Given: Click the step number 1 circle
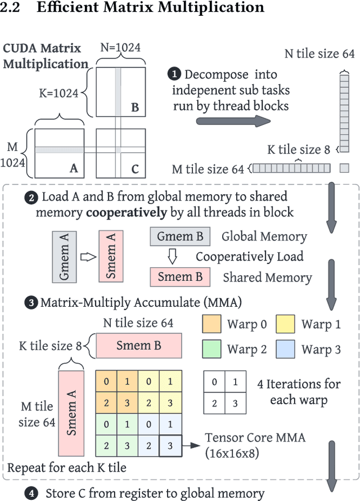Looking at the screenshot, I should coord(175,74).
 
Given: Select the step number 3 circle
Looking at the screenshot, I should coord(30,303).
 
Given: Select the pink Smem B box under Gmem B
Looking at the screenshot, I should coord(181,277).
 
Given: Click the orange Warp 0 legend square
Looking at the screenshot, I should coord(210,325).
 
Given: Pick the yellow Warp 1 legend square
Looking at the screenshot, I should coord(285,325).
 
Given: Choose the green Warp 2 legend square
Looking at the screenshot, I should coord(210,349).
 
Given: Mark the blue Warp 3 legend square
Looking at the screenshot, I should coord(285,349).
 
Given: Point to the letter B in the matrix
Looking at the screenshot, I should coord(134,106).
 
